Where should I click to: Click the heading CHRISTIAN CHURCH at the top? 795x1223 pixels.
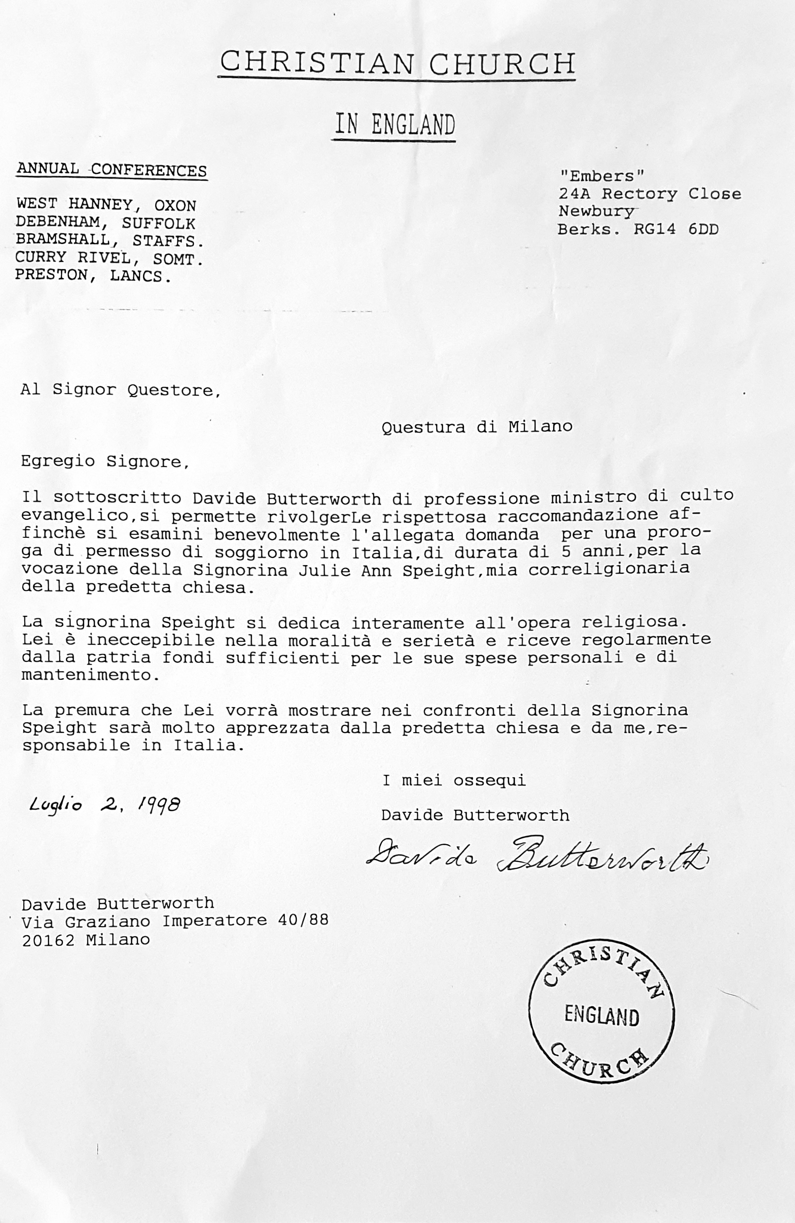pyautogui.click(x=397, y=64)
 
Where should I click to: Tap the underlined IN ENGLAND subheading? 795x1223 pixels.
pyautogui.click(x=395, y=125)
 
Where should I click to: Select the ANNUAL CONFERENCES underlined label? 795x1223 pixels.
pyautogui.click(x=112, y=170)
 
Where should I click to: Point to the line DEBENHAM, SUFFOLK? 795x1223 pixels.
pyautogui.click(x=105, y=223)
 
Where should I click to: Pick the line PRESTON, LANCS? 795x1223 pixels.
pyautogui.click(x=93, y=276)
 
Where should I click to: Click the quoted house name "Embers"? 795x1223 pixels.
pyautogui.click(x=601, y=176)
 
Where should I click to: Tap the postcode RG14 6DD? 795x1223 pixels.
pyautogui.click(x=676, y=229)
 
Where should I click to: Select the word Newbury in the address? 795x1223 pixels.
pyautogui.click(x=596, y=211)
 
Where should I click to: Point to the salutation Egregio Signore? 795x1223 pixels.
pyautogui.click(x=105, y=461)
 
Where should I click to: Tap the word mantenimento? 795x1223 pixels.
pyautogui.click(x=90, y=675)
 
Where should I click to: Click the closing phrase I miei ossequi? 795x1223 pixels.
pyautogui.click(x=454, y=781)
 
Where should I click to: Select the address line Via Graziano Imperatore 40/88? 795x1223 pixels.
pyautogui.click(x=175, y=921)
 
